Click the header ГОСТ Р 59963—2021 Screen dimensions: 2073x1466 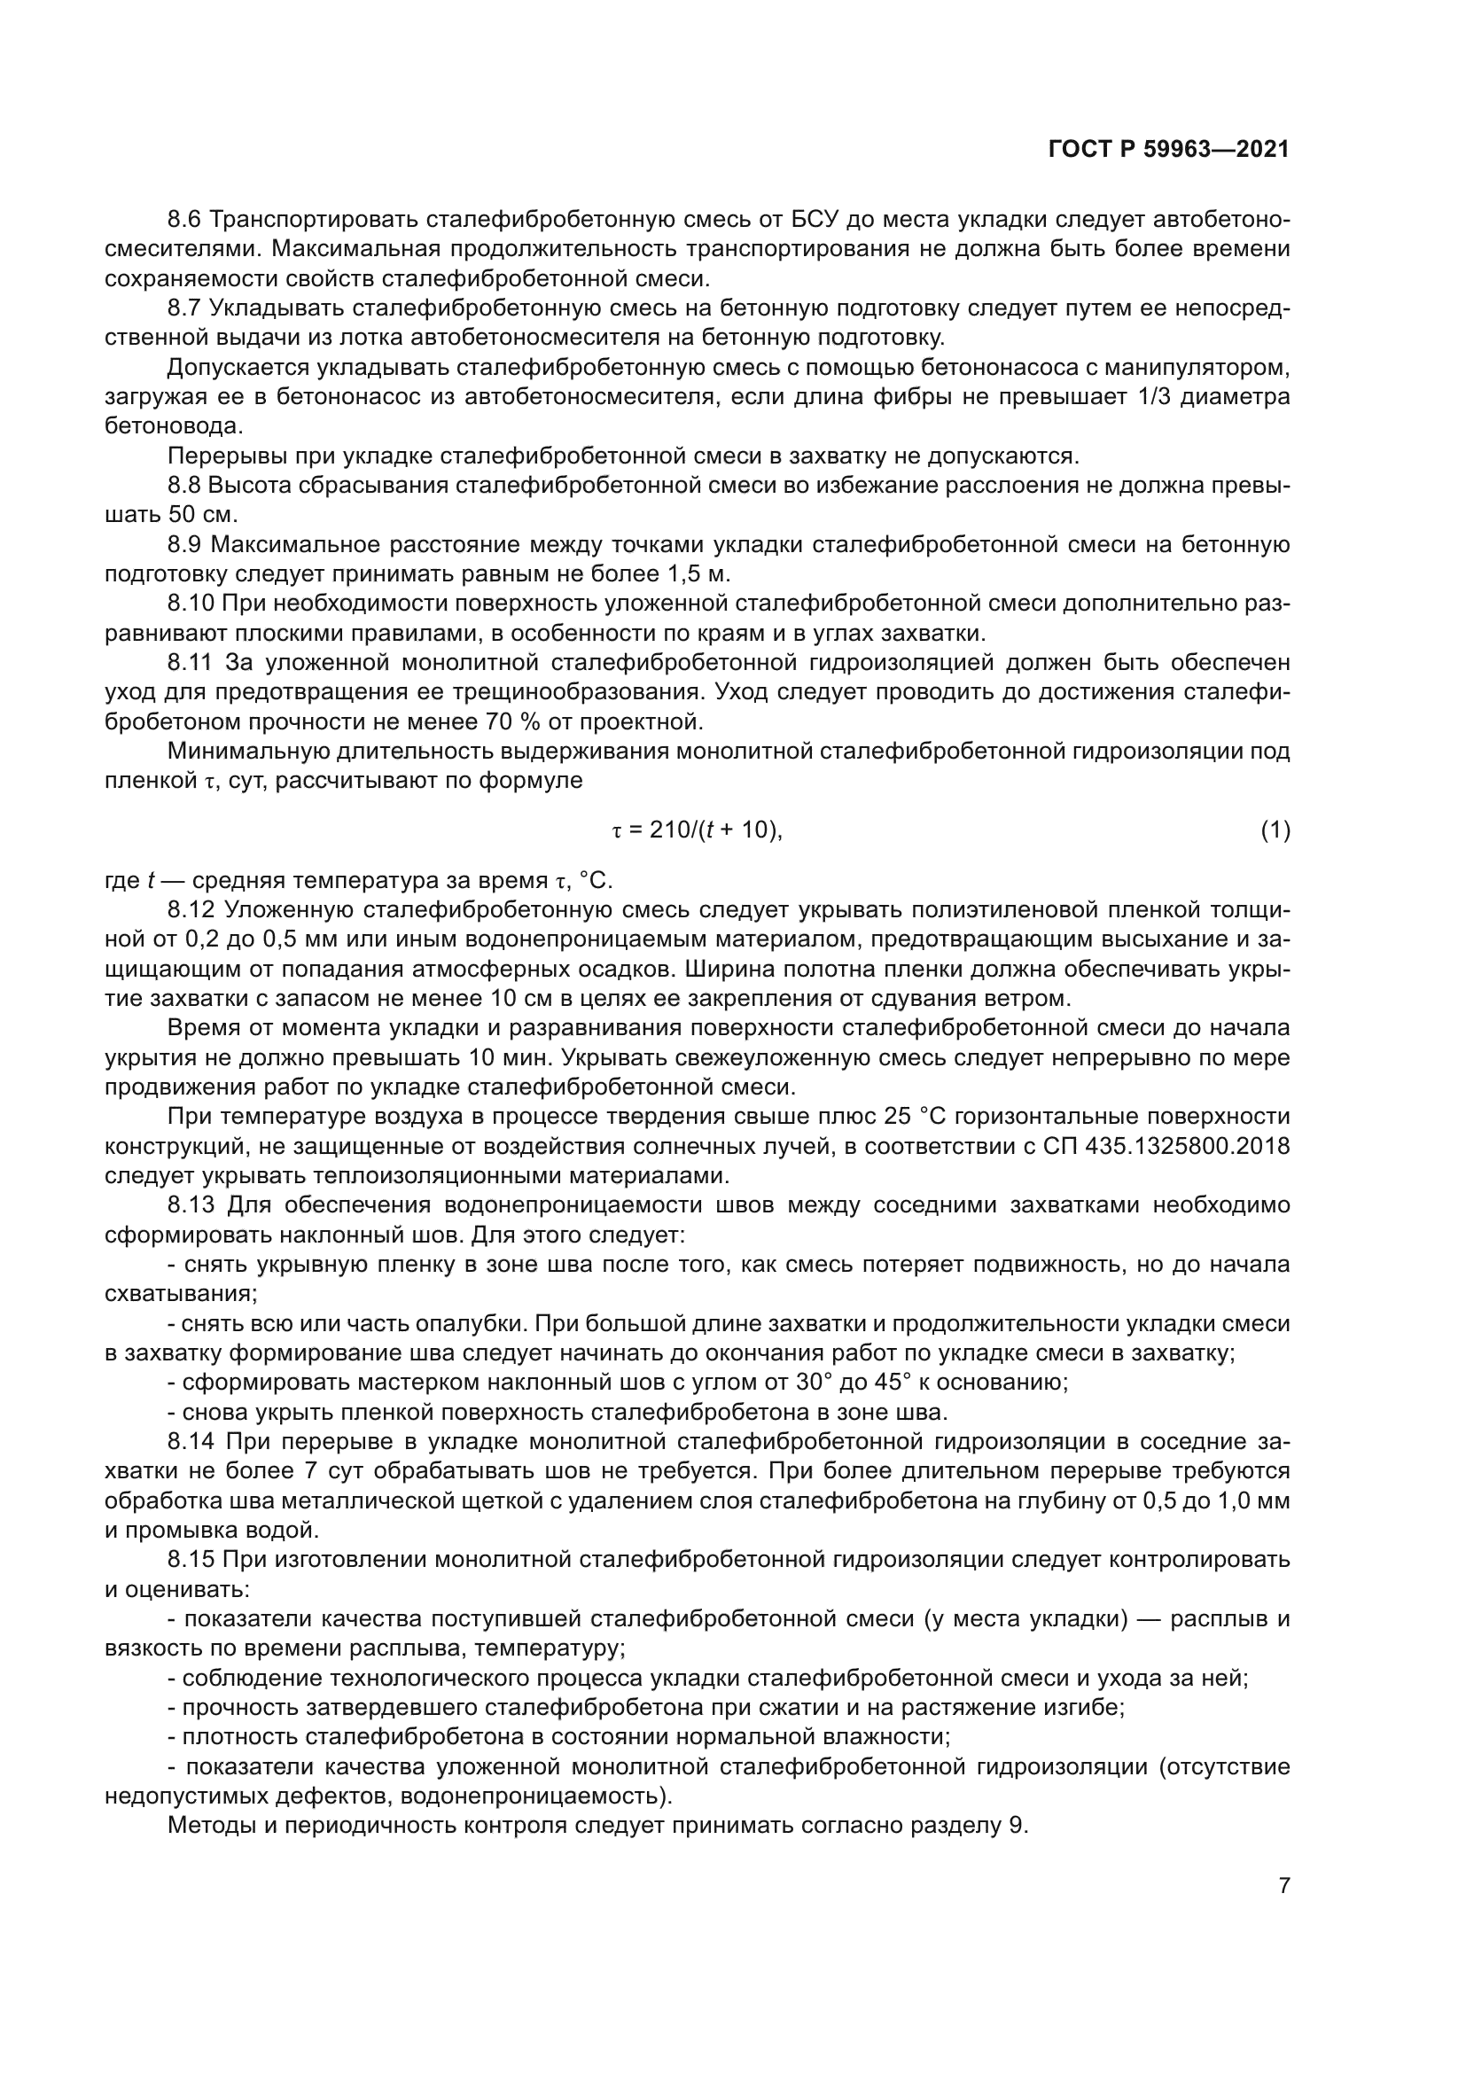[1168, 150]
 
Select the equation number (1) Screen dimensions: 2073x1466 [1275, 830]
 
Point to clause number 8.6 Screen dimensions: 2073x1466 [187, 220]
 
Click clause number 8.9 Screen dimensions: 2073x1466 [187, 544]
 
